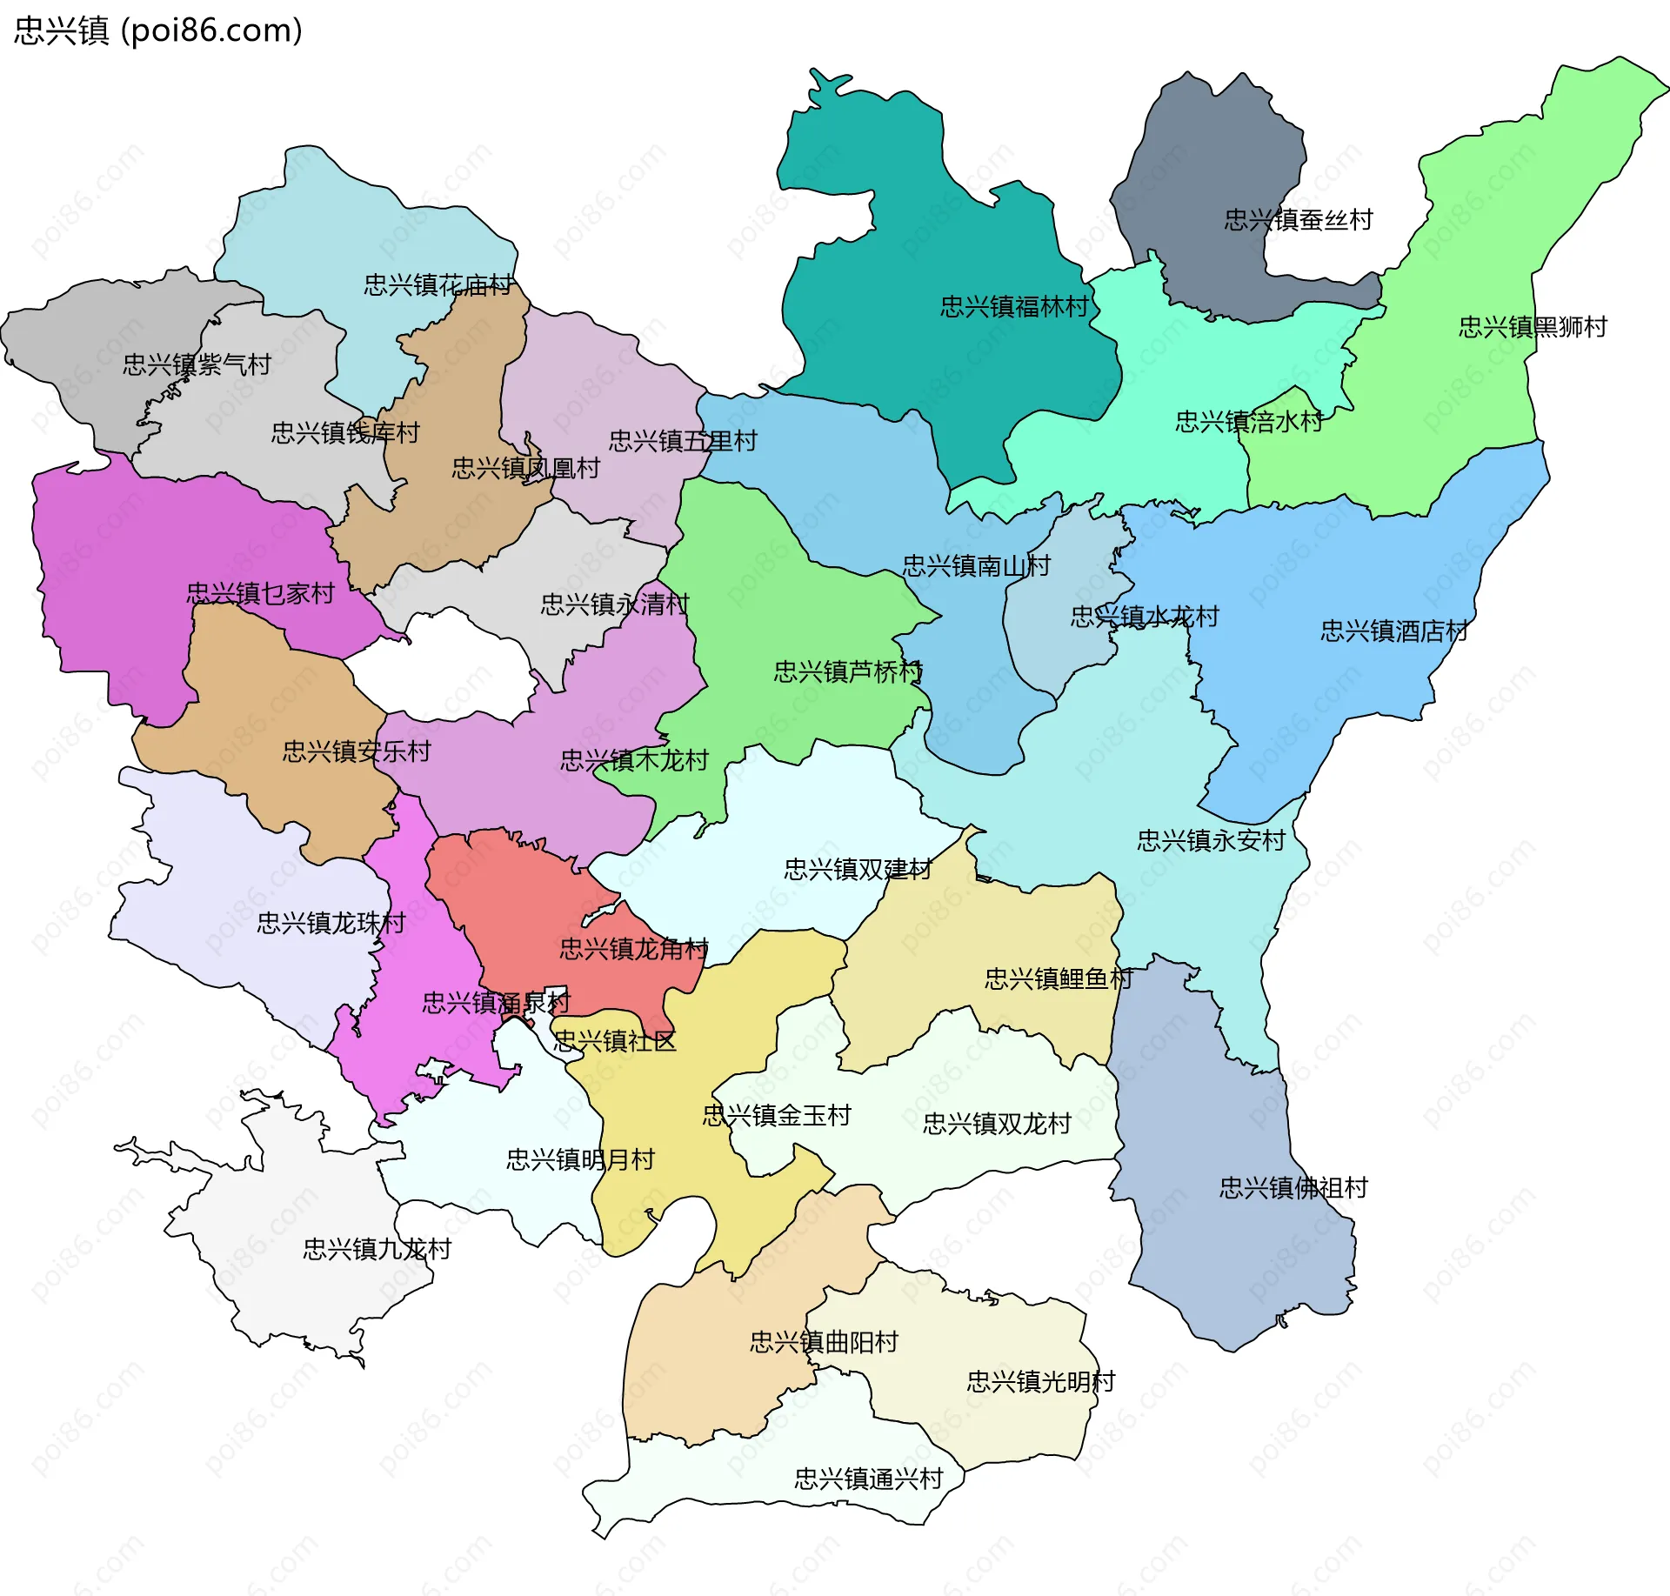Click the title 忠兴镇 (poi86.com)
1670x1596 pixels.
[x=158, y=31]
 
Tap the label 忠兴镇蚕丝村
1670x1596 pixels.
[x=1298, y=220]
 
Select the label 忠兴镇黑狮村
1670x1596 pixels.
[x=1533, y=328]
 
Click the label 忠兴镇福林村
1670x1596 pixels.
[x=1014, y=307]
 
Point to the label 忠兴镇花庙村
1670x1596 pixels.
[x=438, y=285]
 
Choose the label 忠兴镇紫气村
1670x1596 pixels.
[x=197, y=364]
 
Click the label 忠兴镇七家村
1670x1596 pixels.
[x=260, y=594]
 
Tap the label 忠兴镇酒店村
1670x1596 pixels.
[x=1394, y=631]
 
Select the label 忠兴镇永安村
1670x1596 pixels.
[x=1211, y=841]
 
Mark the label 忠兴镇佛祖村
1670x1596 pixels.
[x=1293, y=1188]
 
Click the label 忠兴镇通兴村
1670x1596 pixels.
[x=868, y=1479]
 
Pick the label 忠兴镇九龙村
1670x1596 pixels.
[x=377, y=1250]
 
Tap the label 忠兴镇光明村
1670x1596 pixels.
[x=1040, y=1382]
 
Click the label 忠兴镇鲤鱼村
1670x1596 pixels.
[x=1059, y=979]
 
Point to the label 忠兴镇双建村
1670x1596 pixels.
[x=858, y=870]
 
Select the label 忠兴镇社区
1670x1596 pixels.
[x=614, y=1041]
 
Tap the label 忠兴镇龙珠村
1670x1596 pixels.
[x=331, y=924]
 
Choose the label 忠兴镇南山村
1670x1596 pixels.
[x=976, y=567]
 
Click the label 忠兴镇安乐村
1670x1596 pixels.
[x=357, y=751]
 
